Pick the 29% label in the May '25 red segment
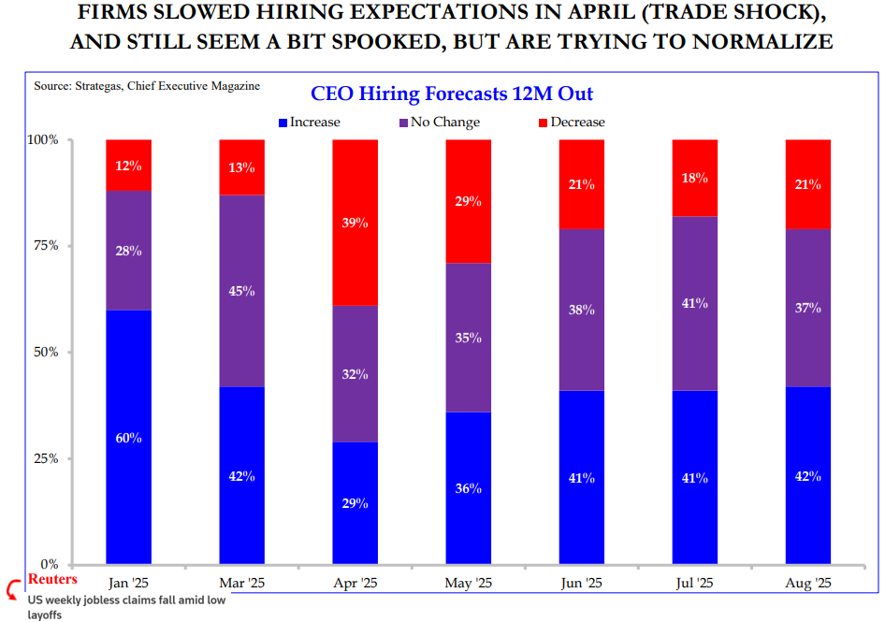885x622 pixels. point(469,201)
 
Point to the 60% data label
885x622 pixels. point(128,438)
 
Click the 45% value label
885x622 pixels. point(241,291)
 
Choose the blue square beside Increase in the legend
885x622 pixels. point(283,123)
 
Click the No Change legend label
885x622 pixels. point(445,123)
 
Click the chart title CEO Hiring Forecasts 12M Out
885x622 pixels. point(451,94)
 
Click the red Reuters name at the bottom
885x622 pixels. point(53,580)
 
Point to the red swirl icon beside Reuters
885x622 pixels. point(13,588)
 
